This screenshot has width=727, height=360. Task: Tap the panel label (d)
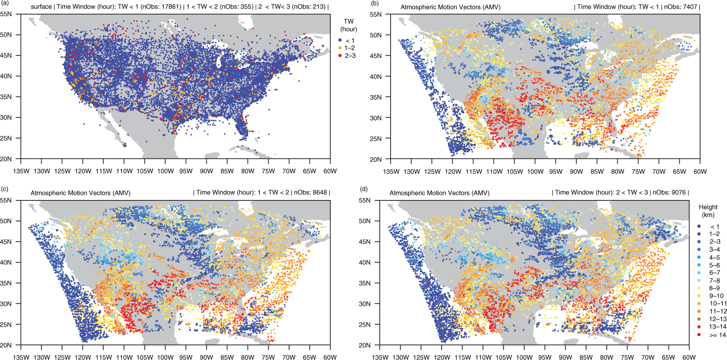pyautogui.click(x=363, y=189)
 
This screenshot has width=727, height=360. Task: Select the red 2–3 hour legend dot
pyautogui.click(x=340, y=56)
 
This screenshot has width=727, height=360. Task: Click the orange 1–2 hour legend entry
pyautogui.click(x=346, y=48)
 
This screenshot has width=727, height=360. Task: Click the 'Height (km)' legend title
pyautogui.click(x=708, y=211)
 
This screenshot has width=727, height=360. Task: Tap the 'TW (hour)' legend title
pyautogui.click(x=349, y=25)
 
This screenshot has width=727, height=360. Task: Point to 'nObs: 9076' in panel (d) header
pyautogui.click(x=669, y=192)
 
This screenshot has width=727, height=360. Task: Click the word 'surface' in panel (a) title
pyautogui.click(x=41, y=7)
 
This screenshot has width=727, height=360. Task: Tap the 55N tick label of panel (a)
pyautogui.click(x=6, y=14)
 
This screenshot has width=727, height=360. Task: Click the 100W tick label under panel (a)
pyautogui.click(x=165, y=171)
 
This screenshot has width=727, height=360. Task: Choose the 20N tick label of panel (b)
pyautogui.click(x=376, y=159)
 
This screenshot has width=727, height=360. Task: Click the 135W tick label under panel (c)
pyautogui.click(x=21, y=357)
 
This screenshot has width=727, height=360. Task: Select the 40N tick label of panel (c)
pyautogui.click(x=6, y=262)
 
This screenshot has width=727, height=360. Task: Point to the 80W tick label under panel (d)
pyautogui.click(x=607, y=357)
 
